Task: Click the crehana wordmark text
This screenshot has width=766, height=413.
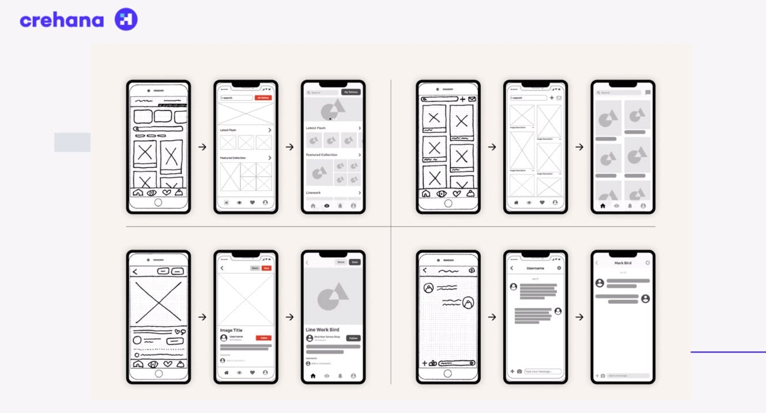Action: [x=62, y=20]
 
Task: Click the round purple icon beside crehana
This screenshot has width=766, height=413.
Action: [x=126, y=20]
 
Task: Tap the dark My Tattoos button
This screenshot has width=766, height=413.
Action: [x=350, y=92]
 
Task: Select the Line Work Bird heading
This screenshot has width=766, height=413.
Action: [x=322, y=330]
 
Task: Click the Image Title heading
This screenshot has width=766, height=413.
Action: [x=231, y=331]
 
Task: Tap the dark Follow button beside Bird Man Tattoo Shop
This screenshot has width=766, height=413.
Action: [x=353, y=338]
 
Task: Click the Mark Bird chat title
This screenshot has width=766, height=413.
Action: [x=623, y=263]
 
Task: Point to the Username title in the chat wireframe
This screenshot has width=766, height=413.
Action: [x=535, y=268]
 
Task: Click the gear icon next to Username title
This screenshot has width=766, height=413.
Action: [x=559, y=268]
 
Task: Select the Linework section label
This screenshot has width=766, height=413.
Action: [x=314, y=193]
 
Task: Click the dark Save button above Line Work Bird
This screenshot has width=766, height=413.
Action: [x=354, y=262]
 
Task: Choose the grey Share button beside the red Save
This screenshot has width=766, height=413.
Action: [x=255, y=268]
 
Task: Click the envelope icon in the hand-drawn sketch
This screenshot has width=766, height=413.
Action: [x=472, y=99]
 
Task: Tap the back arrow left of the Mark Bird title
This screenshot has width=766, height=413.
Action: [x=597, y=263]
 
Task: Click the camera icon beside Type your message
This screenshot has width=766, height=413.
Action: [x=519, y=371]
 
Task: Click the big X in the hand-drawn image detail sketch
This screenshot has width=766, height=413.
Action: [x=159, y=302]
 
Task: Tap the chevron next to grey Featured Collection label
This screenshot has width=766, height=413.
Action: [x=360, y=155]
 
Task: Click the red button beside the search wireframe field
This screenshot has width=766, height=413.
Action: [x=263, y=98]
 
